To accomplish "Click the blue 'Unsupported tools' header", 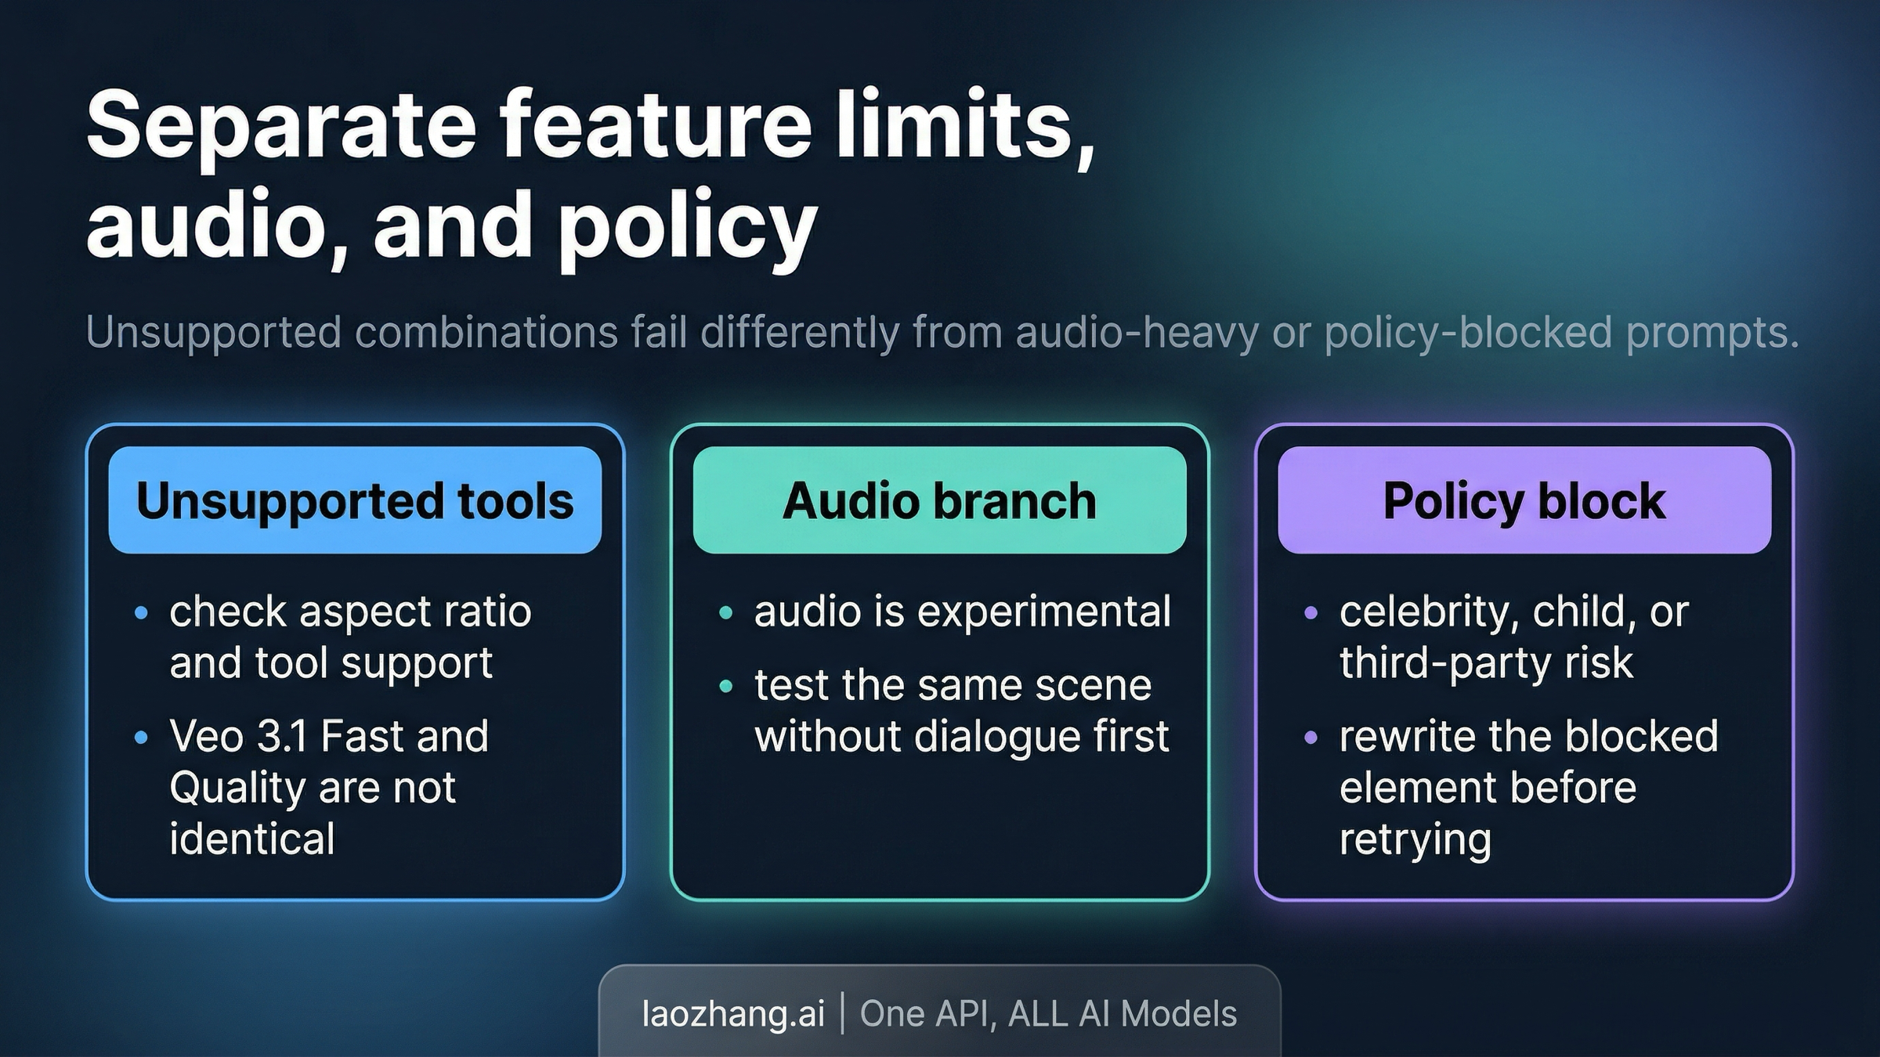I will (x=355, y=500).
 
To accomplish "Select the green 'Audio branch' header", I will (x=939, y=500).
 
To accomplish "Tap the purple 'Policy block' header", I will (x=1524, y=500).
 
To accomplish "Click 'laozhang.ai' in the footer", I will (x=733, y=1013).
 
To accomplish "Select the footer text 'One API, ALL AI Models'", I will (x=1048, y=1013).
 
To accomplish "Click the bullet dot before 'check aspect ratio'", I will (x=141, y=612).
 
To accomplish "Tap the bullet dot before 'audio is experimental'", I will (x=725, y=612).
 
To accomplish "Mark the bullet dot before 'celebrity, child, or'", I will (x=1311, y=612).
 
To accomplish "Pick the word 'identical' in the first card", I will (x=252, y=839).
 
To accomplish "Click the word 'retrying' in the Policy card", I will (x=1415, y=839).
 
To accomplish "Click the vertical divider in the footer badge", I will (x=843, y=1013).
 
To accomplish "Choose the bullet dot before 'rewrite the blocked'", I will (x=1311, y=737).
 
